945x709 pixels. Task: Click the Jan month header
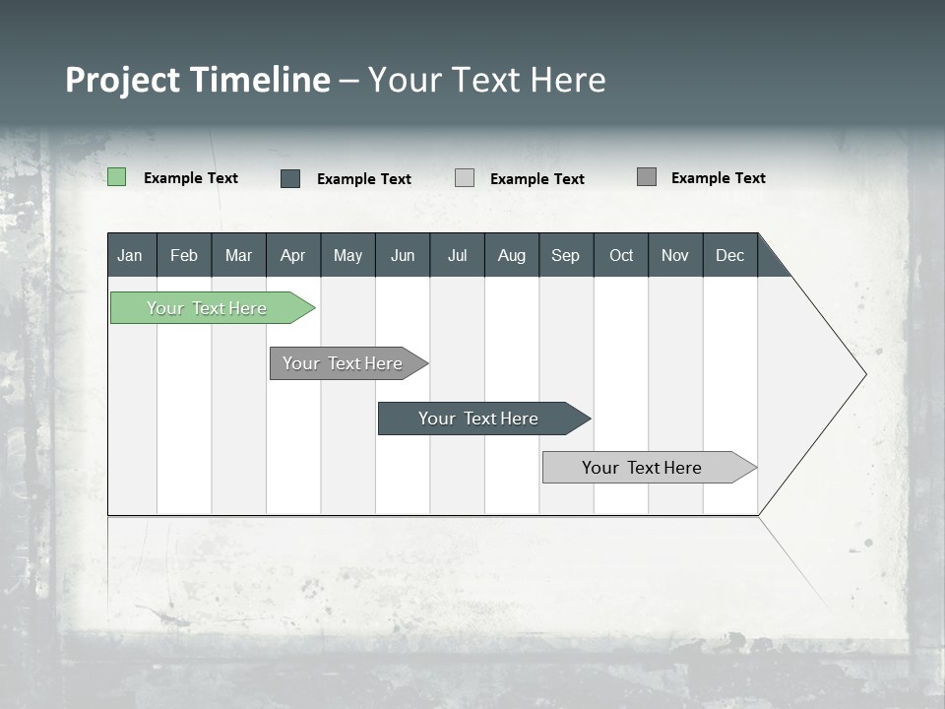tap(131, 255)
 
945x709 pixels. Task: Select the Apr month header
tap(293, 255)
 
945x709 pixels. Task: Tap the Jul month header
tap(457, 255)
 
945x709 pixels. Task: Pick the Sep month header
tap(566, 255)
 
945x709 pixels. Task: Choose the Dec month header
tap(729, 255)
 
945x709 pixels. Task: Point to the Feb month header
tap(184, 255)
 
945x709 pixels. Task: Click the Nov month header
tap(675, 255)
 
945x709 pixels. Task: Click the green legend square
tap(116, 177)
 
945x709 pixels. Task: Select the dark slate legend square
tap(290, 178)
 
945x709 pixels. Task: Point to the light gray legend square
tap(465, 178)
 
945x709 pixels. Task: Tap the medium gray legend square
tap(647, 177)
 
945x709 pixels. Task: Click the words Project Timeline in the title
tap(197, 80)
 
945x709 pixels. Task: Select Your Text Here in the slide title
tap(487, 80)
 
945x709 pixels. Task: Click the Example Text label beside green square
tap(191, 178)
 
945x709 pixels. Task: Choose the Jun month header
tap(403, 255)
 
